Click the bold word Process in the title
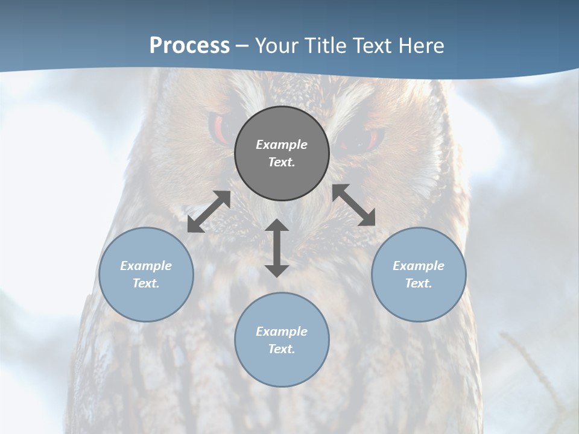pos(189,46)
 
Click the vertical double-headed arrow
pos(277,248)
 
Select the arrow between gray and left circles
pos(209,212)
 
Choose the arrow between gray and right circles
pos(354,205)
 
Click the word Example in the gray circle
pos(282,145)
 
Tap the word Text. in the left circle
pos(146,283)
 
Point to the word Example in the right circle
pos(419,266)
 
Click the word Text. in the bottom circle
pos(282,349)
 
